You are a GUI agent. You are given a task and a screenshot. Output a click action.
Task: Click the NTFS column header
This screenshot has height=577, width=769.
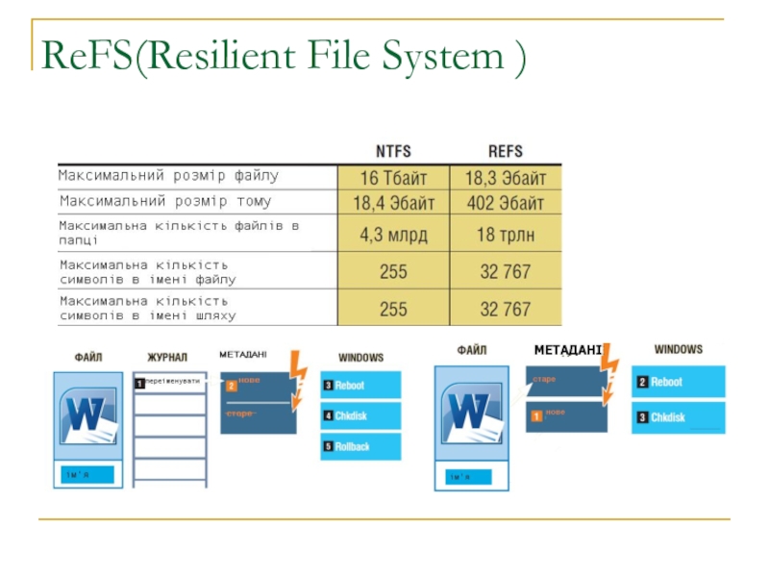pos(392,151)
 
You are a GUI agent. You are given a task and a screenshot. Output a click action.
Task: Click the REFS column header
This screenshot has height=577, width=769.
pos(506,151)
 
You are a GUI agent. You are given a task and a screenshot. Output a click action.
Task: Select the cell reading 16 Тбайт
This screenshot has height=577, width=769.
pos(392,178)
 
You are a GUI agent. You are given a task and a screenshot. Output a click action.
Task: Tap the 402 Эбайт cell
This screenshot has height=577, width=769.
pos(506,203)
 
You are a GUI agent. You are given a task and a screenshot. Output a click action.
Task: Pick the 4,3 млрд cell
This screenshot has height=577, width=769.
pos(392,235)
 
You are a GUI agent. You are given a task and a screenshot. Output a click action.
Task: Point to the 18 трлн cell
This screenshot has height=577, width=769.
pos(506,235)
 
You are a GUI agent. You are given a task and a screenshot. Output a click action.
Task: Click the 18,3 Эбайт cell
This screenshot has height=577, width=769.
pos(506,178)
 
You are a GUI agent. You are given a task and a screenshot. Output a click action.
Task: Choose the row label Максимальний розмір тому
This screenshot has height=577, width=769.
pos(165,202)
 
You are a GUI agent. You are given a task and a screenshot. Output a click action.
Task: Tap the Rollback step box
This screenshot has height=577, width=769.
pos(360,446)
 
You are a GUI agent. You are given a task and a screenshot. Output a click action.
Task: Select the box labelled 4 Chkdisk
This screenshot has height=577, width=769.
pos(360,415)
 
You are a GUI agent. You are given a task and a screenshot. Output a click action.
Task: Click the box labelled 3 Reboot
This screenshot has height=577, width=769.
pos(360,385)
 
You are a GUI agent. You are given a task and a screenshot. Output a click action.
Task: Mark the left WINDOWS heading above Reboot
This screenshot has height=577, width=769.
pos(360,357)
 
